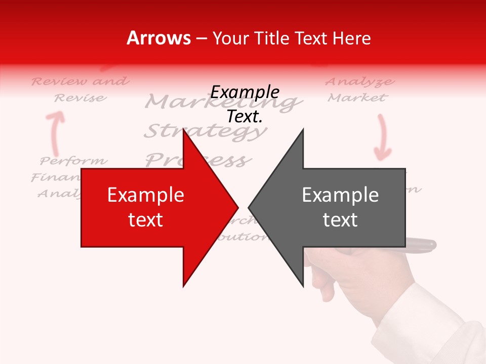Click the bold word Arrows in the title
pyautogui.click(x=159, y=38)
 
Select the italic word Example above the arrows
pyautogui.click(x=245, y=93)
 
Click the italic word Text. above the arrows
pyautogui.click(x=245, y=117)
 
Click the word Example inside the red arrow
pyautogui.click(x=146, y=195)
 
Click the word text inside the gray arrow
pyautogui.click(x=340, y=220)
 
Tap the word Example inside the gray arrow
pyautogui.click(x=340, y=195)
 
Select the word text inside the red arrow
pyautogui.click(x=146, y=220)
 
